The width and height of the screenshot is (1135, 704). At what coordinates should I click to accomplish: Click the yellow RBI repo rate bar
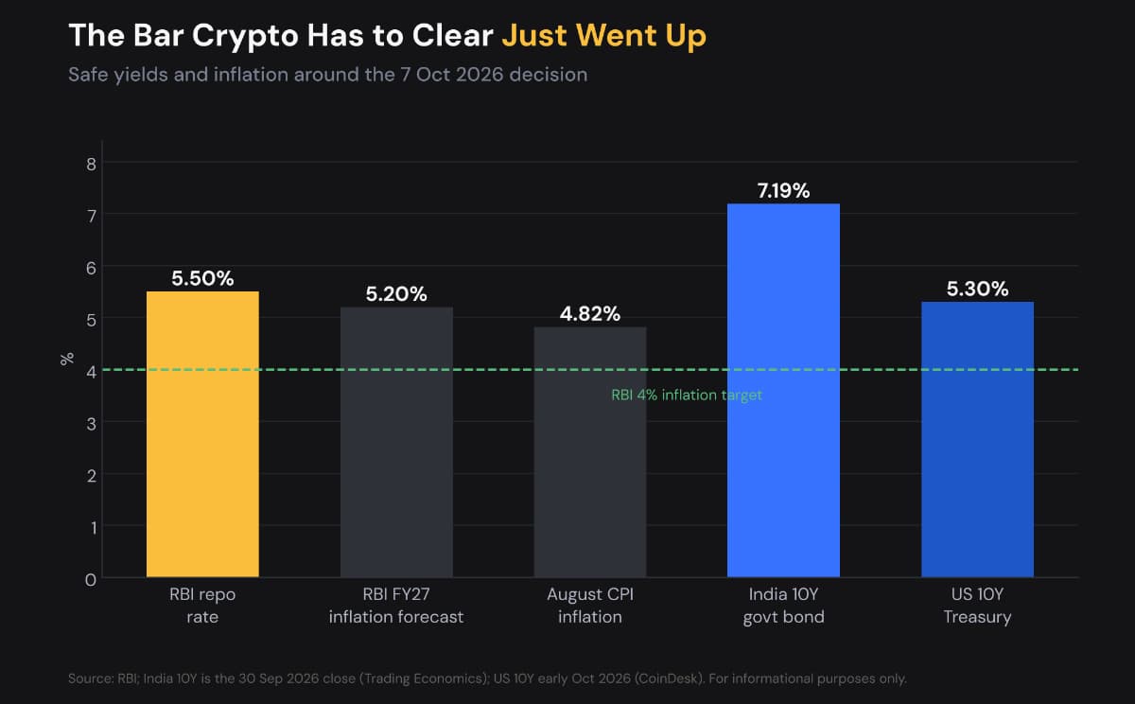point(202,434)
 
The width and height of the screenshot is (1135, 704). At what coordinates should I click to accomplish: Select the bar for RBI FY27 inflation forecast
point(396,442)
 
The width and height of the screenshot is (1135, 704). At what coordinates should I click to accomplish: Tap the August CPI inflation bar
point(590,452)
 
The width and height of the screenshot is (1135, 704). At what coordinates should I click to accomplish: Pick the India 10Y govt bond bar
point(783,390)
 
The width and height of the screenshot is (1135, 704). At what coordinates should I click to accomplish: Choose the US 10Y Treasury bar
point(977,439)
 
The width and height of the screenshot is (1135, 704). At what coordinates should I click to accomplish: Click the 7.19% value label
point(783,190)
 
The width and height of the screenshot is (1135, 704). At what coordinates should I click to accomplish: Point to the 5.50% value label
point(202,278)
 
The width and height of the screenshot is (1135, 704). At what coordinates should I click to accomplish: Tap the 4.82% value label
point(590,314)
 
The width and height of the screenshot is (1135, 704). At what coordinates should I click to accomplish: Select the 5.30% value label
point(977,289)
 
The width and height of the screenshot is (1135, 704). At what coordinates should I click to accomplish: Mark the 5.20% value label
point(396,294)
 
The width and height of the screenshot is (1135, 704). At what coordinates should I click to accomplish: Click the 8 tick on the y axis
point(91,164)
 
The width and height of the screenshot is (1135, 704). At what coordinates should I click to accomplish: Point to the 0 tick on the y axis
point(91,579)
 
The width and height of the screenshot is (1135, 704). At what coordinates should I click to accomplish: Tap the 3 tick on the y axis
point(91,424)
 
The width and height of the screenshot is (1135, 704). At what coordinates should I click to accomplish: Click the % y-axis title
point(67,359)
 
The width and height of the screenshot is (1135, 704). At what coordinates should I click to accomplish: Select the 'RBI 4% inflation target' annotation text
point(687,395)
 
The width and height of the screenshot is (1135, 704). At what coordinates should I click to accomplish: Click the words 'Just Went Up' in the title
point(603,35)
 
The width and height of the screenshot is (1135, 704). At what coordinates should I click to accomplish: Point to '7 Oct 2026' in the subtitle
point(452,75)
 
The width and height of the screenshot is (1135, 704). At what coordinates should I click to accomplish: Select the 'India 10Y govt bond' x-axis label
point(783,606)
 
